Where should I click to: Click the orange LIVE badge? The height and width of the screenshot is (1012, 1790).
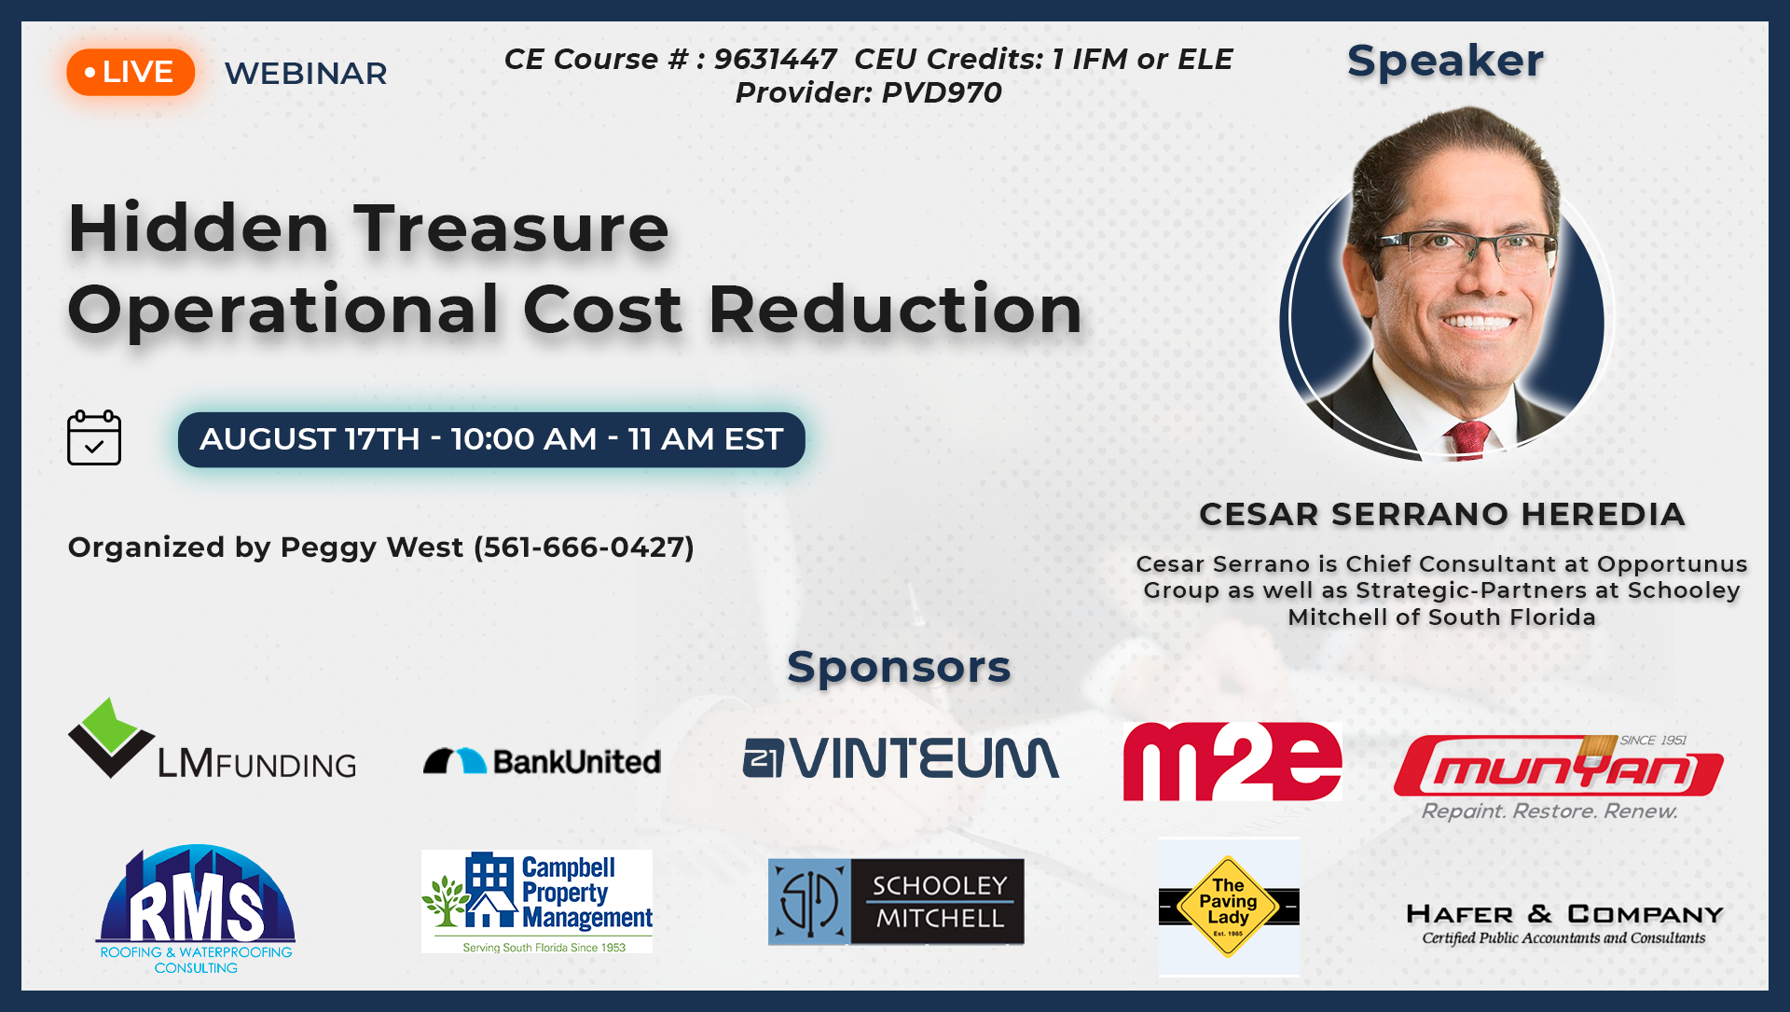point(131,72)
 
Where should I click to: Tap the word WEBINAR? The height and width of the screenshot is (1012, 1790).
point(306,73)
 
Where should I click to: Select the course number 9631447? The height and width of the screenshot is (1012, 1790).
point(775,59)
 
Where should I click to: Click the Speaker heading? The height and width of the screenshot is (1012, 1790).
point(1445,61)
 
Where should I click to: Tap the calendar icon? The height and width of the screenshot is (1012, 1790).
point(94,437)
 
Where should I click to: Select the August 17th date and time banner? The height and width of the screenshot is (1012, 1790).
point(491,439)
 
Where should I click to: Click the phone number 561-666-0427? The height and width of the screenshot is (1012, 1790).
point(584,547)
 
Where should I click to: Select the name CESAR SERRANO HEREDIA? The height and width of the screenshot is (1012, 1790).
point(1441,514)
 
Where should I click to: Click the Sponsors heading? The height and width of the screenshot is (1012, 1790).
point(899,667)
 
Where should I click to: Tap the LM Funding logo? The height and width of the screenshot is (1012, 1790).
point(212,739)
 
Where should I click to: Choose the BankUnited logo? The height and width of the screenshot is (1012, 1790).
point(542,761)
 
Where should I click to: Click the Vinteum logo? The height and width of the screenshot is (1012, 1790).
point(901,757)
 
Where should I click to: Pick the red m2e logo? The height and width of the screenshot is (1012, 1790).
point(1232,761)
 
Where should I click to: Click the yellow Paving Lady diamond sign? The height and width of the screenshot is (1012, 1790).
point(1228,907)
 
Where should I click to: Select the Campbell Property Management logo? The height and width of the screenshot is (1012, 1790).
point(537,901)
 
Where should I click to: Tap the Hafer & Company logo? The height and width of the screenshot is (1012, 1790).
point(1564,923)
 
